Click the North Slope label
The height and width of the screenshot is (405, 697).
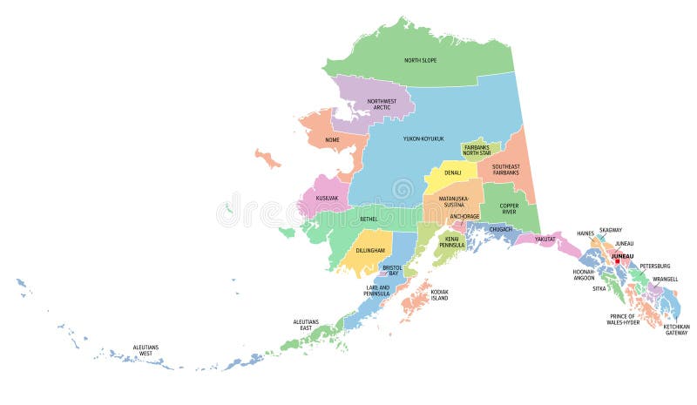(420, 60)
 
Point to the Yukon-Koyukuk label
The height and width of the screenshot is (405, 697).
(423, 138)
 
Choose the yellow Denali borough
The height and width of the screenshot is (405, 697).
(452, 172)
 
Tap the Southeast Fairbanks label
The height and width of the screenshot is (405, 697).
(505, 170)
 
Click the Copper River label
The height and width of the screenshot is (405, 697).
(510, 211)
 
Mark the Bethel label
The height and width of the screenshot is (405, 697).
(369, 219)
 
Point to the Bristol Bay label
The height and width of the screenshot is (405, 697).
(392, 271)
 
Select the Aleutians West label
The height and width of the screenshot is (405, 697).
(145, 350)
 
